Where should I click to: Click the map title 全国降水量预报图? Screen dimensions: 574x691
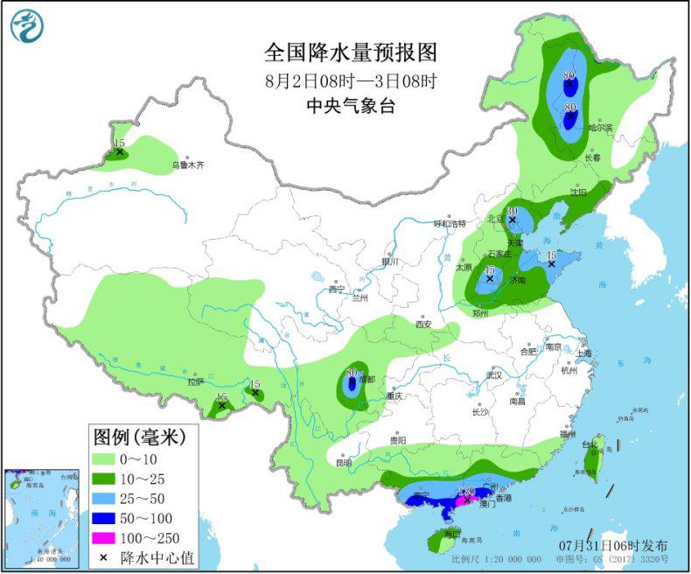[350, 53]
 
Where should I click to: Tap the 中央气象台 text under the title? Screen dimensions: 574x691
[350, 106]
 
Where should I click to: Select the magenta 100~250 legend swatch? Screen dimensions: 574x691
[113, 535]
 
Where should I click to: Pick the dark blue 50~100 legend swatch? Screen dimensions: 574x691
[113, 517]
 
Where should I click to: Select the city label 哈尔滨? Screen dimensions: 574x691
[601, 128]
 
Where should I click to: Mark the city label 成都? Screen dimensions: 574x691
[366, 380]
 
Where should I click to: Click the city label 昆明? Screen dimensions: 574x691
[343, 462]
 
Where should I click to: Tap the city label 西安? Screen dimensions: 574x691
[424, 324]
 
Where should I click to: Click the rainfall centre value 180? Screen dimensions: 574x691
[466, 492]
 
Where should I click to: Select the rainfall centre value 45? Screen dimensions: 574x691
[551, 255]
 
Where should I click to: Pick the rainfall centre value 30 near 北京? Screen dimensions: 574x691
[512, 211]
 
